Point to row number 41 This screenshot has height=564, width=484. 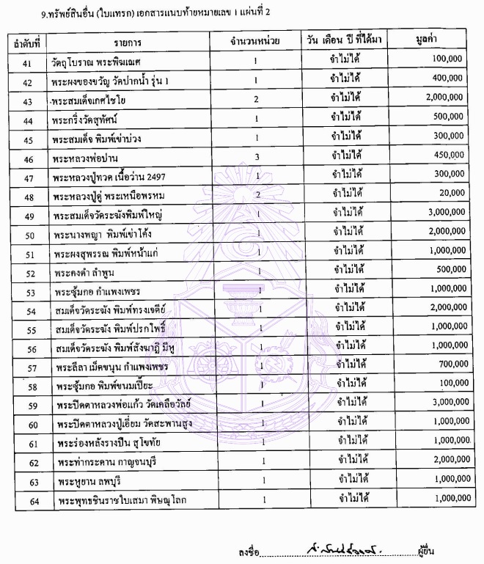29,59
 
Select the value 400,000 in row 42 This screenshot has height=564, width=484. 448,78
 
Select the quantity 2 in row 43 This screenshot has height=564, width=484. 257,98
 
